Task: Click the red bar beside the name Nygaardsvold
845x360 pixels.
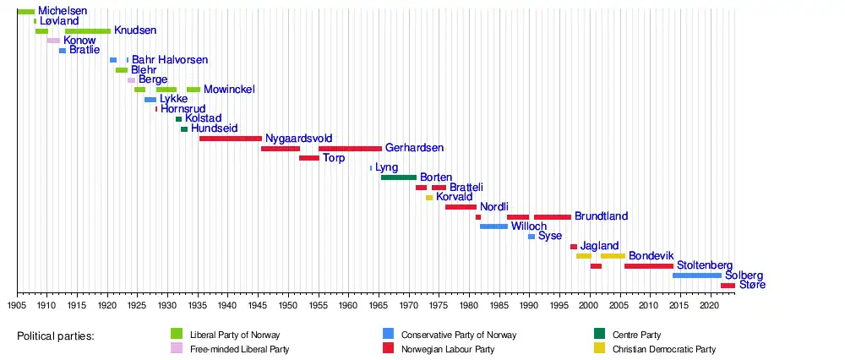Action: pyautogui.click(x=230, y=138)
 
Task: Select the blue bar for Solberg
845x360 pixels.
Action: pyautogui.click(x=697, y=275)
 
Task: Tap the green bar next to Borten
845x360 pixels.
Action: pyautogui.click(x=398, y=177)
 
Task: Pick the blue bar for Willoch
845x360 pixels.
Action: pyautogui.click(x=493, y=226)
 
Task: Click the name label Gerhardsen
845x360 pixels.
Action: pyautogui.click(x=414, y=148)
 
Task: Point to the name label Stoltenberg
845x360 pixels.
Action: pyautogui.click(x=705, y=265)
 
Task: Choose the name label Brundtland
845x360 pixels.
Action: pyautogui.click(x=601, y=216)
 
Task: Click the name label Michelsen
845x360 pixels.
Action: pyautogui.click(x=63, y=11)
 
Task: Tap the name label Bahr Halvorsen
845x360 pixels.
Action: pyautogui.click(x=170, y=60)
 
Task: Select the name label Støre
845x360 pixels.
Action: pyautogui.click(x=752, y=286)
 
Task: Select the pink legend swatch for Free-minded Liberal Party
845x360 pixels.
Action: pyautogui.click(x=177, y=349)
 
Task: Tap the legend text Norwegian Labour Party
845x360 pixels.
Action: pyautogui.click(x=447, y=349)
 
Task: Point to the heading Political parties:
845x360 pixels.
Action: pyautogui.click(x=56, y=336)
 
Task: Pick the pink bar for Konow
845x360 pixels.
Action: pyautogui.click(x=53, y=41)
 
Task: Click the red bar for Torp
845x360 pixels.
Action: pyautogui.click(x=308, y=158)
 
